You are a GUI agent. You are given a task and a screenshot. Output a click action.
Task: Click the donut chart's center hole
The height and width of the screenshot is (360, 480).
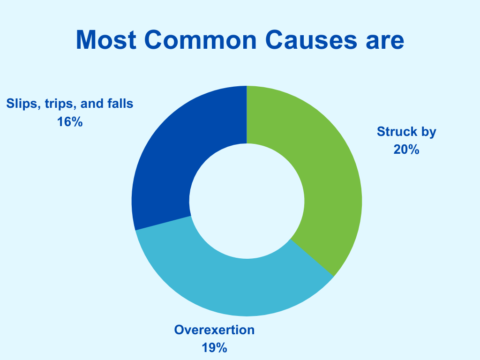pyautogui.click(x=247, y=201)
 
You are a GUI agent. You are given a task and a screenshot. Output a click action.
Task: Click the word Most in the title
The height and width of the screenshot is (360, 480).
pyautogui.click(x=106, y=40)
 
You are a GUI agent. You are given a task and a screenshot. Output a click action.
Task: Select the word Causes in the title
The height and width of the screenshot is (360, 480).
pyautogui.click(x=311, y=40)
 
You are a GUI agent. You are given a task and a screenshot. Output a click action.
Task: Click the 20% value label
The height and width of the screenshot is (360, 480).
pyautogui.click(x=406, y=150)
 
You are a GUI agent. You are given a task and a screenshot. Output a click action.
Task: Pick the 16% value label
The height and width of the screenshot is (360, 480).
pyautogui.click(x=70, y=122)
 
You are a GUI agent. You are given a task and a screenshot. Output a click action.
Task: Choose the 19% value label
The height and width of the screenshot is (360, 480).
pyautogui.click(x=214, y=348)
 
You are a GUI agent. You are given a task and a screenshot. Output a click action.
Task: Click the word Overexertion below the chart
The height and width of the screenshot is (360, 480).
pyautogui.click(x=214, y=330)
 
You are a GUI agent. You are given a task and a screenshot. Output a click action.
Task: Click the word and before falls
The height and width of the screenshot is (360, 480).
pyautogui.click(x=92, y=104)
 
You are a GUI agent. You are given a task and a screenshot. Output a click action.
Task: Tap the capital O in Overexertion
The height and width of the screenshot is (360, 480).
pyautogui.click(x=180, y=330)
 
